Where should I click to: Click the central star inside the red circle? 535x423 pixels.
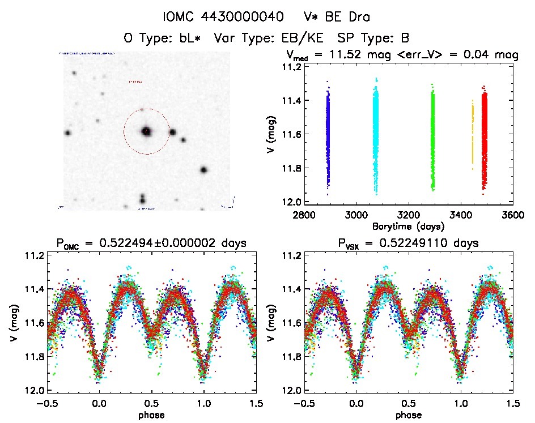(147, 131)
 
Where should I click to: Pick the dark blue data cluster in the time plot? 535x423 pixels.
(327, 136)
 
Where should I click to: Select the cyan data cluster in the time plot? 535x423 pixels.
(375, 136)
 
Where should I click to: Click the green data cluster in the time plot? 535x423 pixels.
(433, 139)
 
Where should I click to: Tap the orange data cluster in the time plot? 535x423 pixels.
(472, 136)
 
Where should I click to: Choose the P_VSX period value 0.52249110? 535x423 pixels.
(432, 243)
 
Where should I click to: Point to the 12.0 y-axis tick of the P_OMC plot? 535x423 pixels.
(35, 391)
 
